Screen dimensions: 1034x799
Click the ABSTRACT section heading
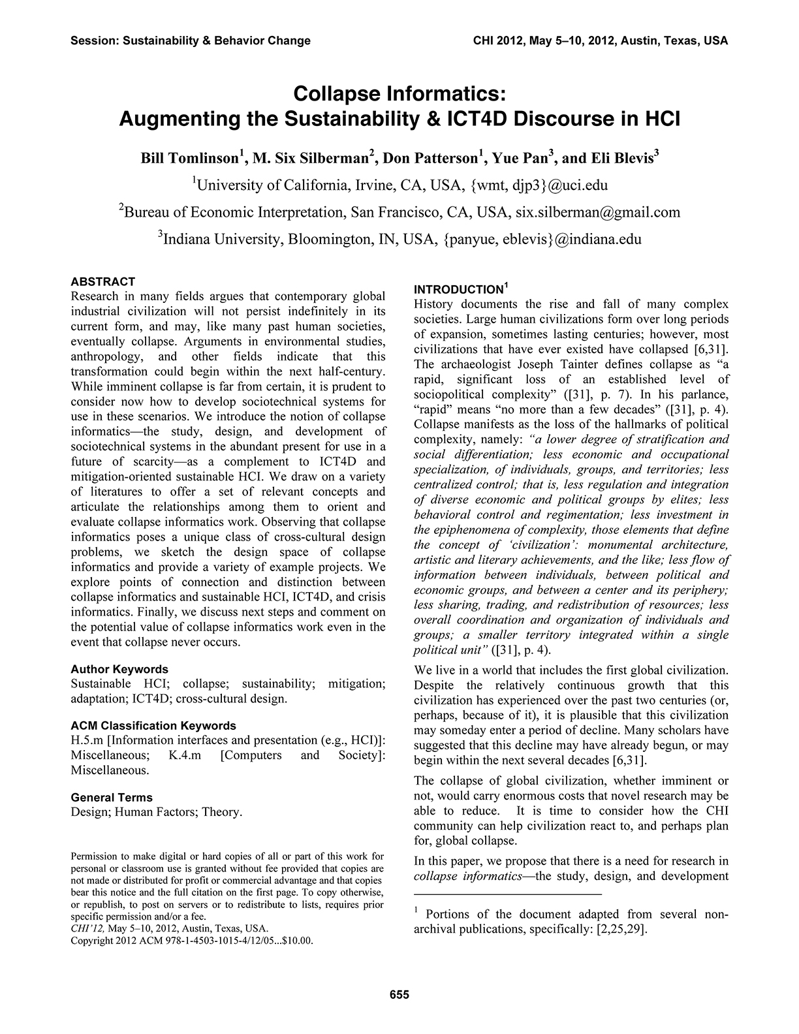click(102, 281)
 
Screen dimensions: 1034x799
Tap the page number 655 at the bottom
click(399, 995)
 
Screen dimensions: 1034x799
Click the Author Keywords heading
click(119, 669)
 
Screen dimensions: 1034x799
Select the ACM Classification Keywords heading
click(153, 725)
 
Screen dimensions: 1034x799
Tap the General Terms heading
click(112, 797)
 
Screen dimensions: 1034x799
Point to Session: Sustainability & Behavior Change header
click(191, 40)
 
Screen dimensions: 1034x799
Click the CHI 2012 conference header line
click(599, 40)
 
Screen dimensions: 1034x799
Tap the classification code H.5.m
click(86, 740)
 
